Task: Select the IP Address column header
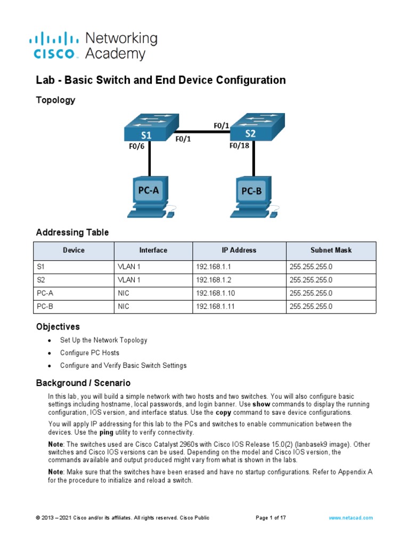pos(239,250)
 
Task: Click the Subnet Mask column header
pos(331,250)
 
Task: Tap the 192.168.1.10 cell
pos(212,293)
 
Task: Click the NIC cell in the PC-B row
pos(124,307)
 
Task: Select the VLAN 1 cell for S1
pos(129,267)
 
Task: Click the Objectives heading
pos(58,326)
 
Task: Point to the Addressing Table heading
pos(72,232)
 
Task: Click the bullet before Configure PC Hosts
pos(50,354)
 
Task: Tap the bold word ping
pos(107,432)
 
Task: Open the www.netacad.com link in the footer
pos(351,518)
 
